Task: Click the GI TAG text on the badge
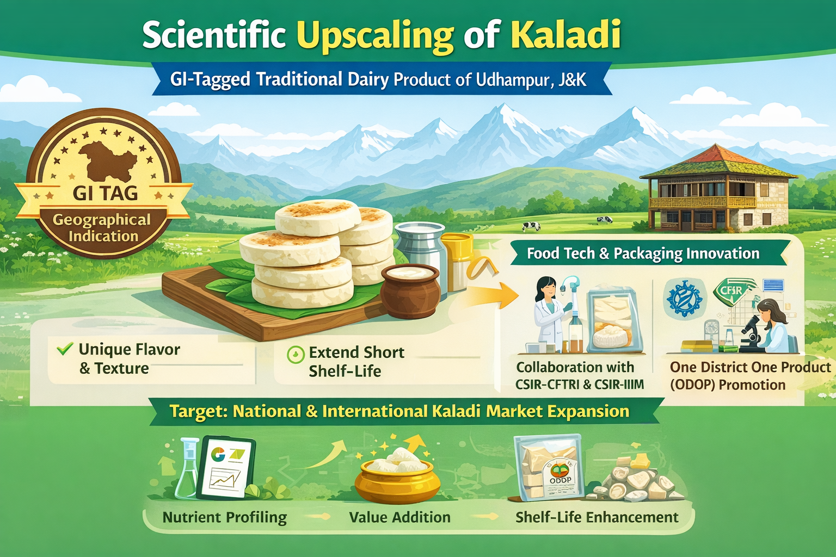(x=105, y=193)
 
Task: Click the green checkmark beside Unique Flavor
(x=65, y=349)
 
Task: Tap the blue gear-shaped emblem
(x=685, y=299)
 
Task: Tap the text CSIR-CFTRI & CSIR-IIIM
(x=580, y=385)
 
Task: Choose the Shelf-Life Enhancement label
(x=597, y=517)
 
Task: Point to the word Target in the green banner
(x=197, y=412)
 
